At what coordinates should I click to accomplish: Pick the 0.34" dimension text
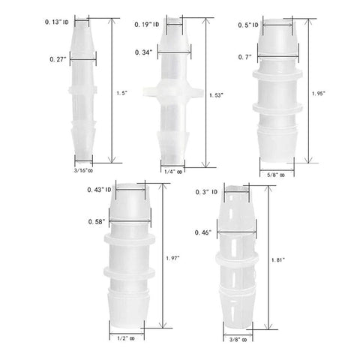(x=145, y=52)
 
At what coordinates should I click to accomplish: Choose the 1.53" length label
(x=217, y=96)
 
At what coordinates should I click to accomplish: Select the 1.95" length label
(x=319, y=95)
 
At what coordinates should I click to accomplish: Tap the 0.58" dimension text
(x=96, y=223)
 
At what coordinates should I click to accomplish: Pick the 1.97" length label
(x=173, y=259)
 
